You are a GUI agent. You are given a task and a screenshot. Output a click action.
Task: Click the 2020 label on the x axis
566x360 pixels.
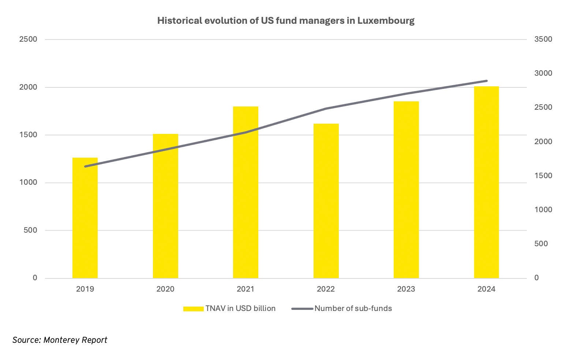point(165,289)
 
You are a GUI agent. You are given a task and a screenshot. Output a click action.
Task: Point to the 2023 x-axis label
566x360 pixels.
point(406,289)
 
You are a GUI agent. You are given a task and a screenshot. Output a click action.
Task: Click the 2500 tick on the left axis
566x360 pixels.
point(28,39)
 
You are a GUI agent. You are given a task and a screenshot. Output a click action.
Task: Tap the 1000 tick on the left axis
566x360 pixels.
point(28,183)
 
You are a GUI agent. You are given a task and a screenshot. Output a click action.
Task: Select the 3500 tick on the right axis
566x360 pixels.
point(543,39)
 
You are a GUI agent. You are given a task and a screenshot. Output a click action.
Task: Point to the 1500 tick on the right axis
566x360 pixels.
point(543,176)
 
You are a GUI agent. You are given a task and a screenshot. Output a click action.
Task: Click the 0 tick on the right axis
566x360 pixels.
point(536,278)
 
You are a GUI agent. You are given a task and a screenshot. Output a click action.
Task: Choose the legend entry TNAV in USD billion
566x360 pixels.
point(240,308)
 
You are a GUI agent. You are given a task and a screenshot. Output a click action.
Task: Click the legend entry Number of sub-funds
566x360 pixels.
point(353,308)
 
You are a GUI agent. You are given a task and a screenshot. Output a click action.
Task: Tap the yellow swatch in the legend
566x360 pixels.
point(193,309)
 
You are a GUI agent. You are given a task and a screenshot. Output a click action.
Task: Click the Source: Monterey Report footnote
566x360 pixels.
point(60,340)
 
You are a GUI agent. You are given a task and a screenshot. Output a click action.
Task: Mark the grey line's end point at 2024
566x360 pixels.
point(486,81)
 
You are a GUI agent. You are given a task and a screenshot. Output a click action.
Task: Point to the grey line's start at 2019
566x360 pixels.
point(85,166)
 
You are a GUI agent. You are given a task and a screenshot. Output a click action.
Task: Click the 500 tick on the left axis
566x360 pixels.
point(31,230)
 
